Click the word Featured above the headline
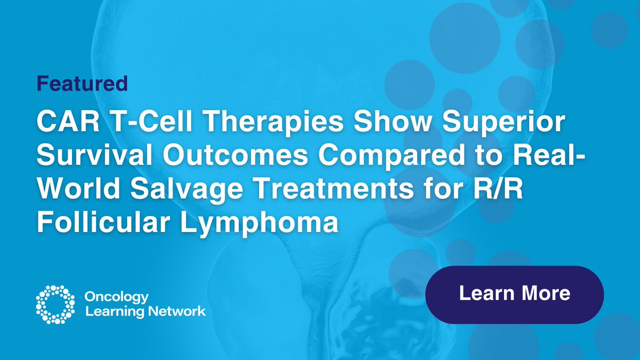coord(82,83)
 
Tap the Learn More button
coord(514,294)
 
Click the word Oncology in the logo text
coord(117,297)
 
